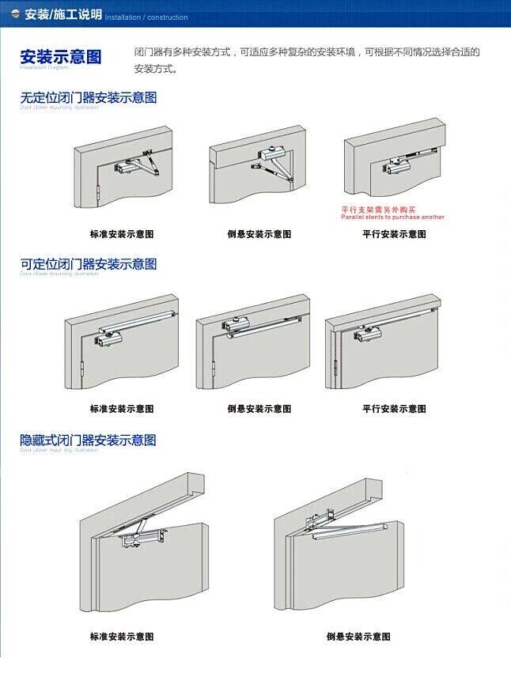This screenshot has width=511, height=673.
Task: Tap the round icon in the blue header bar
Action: [13, 15]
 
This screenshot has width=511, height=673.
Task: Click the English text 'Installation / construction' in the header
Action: [146, 17]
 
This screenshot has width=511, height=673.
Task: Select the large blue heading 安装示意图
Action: [61, 57]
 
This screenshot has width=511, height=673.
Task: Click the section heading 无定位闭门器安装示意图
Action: [88, 97]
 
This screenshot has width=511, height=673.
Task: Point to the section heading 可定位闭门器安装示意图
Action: [88, 263]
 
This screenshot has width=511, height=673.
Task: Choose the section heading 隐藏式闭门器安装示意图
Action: [88, 440]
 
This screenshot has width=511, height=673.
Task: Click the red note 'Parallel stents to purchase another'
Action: [392, 217]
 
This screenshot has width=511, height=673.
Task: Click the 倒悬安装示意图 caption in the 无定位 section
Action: [259, 234]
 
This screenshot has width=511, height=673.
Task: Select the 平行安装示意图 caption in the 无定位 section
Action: [394, 234]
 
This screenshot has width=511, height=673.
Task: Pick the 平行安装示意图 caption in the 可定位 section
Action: [394, 409]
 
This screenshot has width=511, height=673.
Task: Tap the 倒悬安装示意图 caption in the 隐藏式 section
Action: [358, 637]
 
